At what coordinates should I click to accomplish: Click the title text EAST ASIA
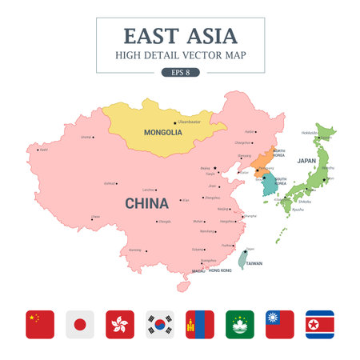pos(180,36)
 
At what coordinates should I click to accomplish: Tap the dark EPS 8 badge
pos(180,72)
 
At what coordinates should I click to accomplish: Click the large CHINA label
pos(146,203)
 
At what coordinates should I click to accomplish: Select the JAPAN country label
pos(306,161)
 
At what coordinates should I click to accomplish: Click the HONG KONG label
pos(220,270)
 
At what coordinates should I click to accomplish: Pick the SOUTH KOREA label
pos(281,182)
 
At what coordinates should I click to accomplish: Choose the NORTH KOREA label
pos(279,152)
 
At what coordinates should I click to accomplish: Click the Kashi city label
pos(44,149)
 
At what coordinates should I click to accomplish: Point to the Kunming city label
pos(134,250)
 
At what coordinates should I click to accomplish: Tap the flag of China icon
pos(39,325)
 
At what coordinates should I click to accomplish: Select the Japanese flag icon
pos(79,325)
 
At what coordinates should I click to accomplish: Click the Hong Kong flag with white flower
pos(119,325)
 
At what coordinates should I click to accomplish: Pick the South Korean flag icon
pos(160,325)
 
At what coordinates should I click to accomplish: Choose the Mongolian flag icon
pos(200,325)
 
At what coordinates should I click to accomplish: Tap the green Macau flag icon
pos(240,325)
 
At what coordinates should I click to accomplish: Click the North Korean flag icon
pos(320,325)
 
